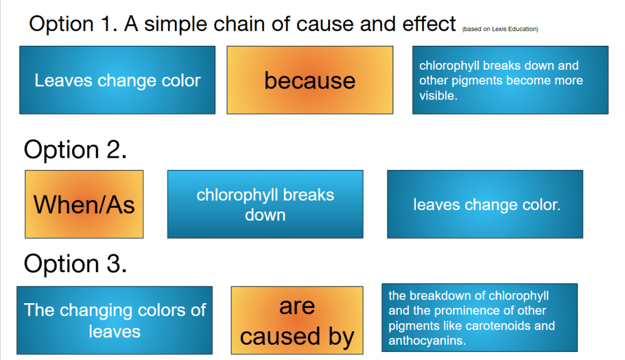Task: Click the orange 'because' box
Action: (x=310, y=80)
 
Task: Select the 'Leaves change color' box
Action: (x=117, y=80)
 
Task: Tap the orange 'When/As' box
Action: (x=84, y=204)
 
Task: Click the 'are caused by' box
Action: (x=297, y=320)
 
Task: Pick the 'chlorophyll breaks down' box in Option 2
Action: (x=265, y=204)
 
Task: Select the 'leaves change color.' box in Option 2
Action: (x=485, y=204)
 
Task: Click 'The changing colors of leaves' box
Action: (x=114, y=320)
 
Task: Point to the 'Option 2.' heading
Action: (x=75, y=150)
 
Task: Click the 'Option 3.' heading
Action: (x=75, y=264)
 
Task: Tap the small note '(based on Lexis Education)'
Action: (x=500, y=29)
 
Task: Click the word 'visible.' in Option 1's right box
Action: (x=438, y=96)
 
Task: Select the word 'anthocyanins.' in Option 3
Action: (x=427, y=341)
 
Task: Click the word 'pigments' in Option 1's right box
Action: (x=472, y=81)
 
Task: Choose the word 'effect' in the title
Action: (x=429, y=24)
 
